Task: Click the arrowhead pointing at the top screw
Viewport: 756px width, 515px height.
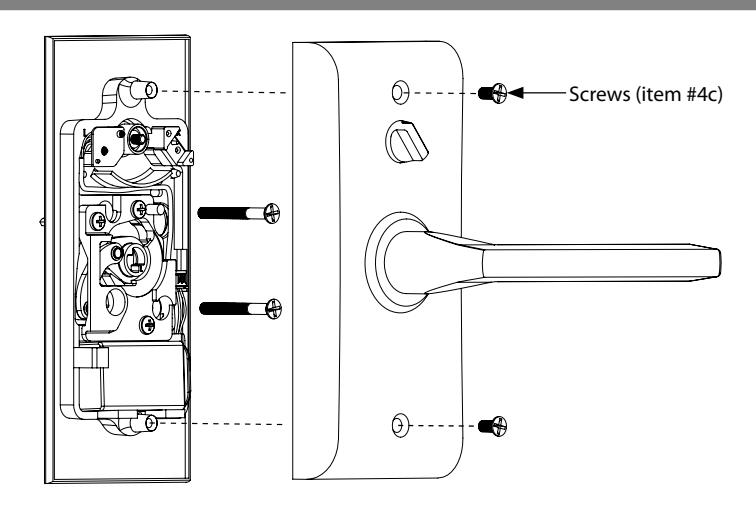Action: coord(515,92)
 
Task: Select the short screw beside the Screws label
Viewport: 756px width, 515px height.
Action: coord(492,93)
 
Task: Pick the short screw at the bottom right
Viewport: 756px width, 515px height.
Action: coord(492,426)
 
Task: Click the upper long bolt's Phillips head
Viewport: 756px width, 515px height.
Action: coord(272,213)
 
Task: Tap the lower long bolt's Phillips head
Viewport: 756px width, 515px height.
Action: coord(273,309)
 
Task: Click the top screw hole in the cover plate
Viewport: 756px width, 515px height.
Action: coord(400,92)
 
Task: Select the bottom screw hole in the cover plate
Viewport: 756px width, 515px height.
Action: coord(400,425)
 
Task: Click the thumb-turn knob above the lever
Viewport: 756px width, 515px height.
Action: coord(406,142)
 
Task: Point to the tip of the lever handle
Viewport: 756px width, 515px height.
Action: coord(719,263)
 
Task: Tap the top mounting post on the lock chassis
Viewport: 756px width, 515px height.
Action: coord(144,90)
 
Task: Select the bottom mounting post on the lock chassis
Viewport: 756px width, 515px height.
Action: coord(144,423)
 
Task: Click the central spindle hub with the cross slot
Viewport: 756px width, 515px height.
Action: coord(133,260)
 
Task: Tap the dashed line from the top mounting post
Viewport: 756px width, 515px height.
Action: coord(225,91)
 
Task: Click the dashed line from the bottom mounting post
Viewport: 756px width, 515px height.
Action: coord(222,424)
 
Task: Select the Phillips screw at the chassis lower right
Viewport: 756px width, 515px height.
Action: coord(148,325)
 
